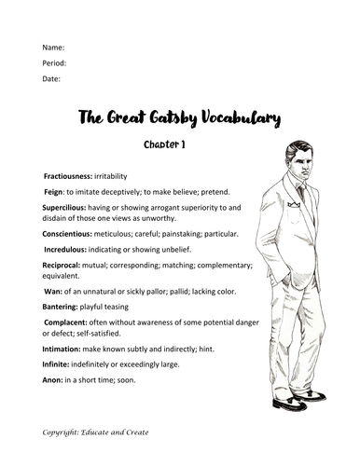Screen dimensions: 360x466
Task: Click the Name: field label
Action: [53, 47]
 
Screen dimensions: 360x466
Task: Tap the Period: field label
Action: [55, 62]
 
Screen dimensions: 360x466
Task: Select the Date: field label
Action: [52, 79]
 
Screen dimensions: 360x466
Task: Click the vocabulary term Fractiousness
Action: [74, 175]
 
